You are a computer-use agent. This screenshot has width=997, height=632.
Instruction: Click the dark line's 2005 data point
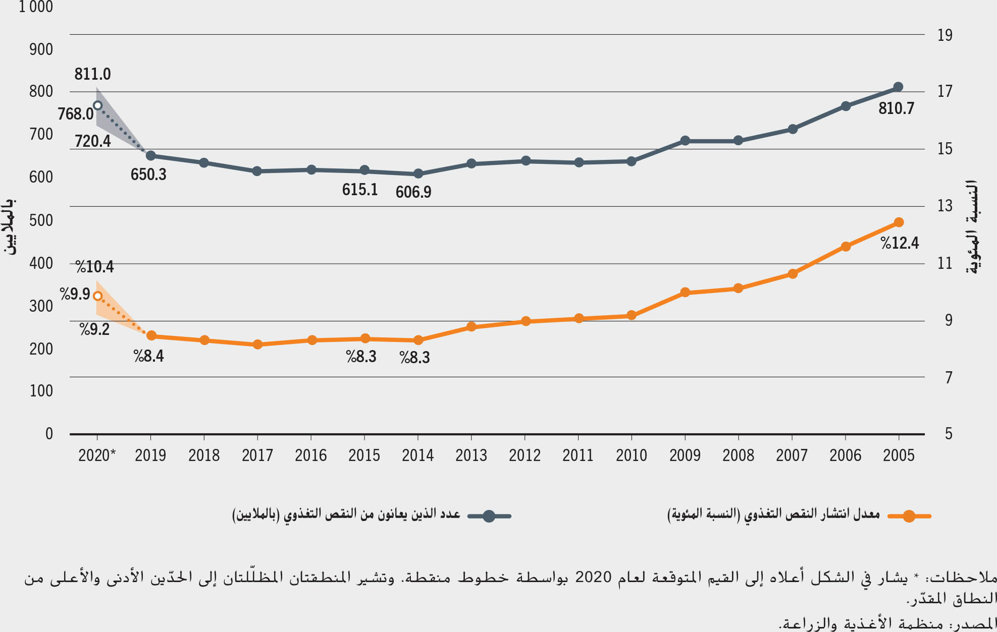click(x=898, y=87)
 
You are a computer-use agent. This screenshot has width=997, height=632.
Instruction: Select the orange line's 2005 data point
click(x=899, y=222)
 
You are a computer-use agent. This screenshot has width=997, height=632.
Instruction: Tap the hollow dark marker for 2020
click(x=98, y=105)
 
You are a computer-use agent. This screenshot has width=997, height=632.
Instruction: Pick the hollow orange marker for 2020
click(x=98, y=297)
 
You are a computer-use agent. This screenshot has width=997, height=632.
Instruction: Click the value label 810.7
click(x=896, y=108)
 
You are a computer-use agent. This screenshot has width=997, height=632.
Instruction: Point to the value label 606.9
click(x=413, y=192)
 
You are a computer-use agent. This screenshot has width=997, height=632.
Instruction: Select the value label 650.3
click(x=148, y=175)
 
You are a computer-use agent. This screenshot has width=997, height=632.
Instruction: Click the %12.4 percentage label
click(x=900, y=243)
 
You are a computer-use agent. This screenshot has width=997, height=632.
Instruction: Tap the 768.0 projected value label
click(x=76, y=114)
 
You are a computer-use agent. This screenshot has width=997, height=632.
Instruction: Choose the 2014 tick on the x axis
click(x=417, y=455)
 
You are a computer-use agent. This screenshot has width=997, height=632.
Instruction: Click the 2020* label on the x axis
click(x=97, y=455)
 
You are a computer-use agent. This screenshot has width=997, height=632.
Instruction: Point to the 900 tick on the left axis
click(x=41, y=49)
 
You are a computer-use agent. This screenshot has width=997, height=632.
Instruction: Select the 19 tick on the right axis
click(x=944, y=35)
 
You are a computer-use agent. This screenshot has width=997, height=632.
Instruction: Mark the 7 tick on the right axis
click(x=949, y=377)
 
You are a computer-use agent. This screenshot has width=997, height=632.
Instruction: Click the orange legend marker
click(x=909, y=516)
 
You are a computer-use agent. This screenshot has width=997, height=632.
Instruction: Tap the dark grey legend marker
click(x=489, y=516)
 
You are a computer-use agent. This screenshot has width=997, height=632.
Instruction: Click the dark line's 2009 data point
click(x=685, y=141)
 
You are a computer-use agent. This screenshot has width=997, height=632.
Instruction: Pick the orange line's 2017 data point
click(x=257, y=344)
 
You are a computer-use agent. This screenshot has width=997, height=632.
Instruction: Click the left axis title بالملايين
click(x=10, y=226)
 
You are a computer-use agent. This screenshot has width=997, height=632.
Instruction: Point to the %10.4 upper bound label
click(x=95, y=266)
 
